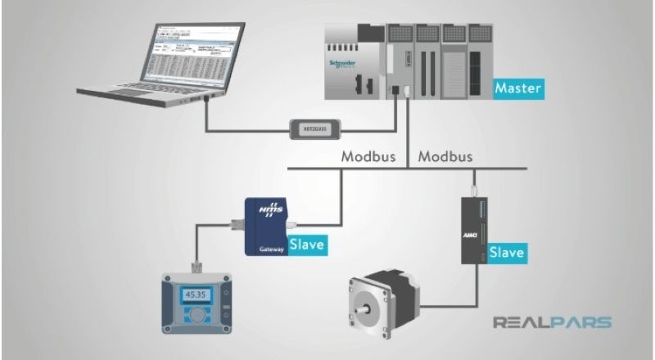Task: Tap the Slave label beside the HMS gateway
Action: pyautogui.click(x=307, y=243)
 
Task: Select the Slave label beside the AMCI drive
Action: pyautogui.click(x=507, y=253)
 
